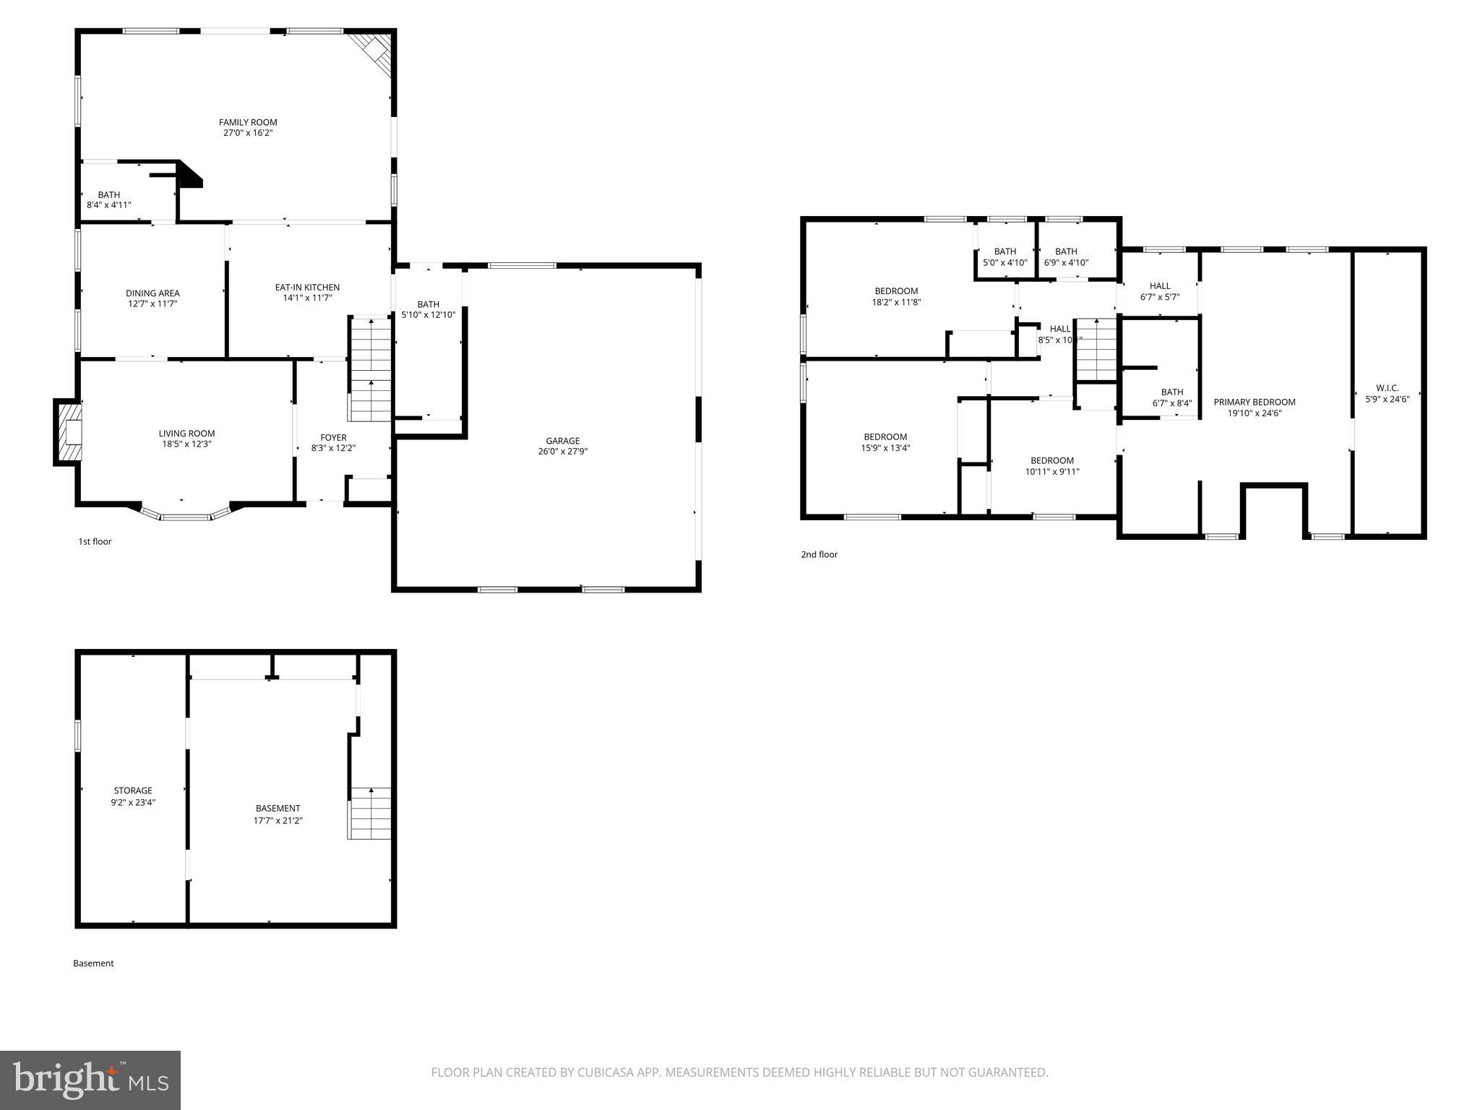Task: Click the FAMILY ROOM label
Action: pos(248,122)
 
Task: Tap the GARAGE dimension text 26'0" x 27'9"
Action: pos(562,452)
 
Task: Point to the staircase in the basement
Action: pos(370,813)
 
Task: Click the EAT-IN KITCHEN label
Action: pos(307,287)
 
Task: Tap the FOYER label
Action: pos(333,437)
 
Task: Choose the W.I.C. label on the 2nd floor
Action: pos(1387,388)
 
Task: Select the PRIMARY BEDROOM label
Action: pos(1254,403)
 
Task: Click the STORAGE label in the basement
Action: pos(133,791)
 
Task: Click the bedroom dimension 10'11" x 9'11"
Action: pos(1051,472)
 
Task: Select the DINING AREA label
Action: pos(152,293)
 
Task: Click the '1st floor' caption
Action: pos(95,541)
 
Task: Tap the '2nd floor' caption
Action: pos(819,554)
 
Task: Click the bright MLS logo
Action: pos(90,1080)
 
